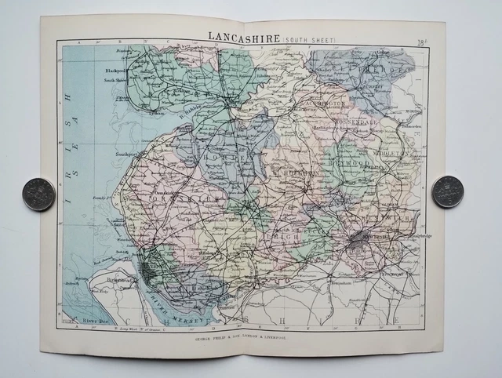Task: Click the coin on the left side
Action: [38, 192]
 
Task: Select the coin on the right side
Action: [447, 191]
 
